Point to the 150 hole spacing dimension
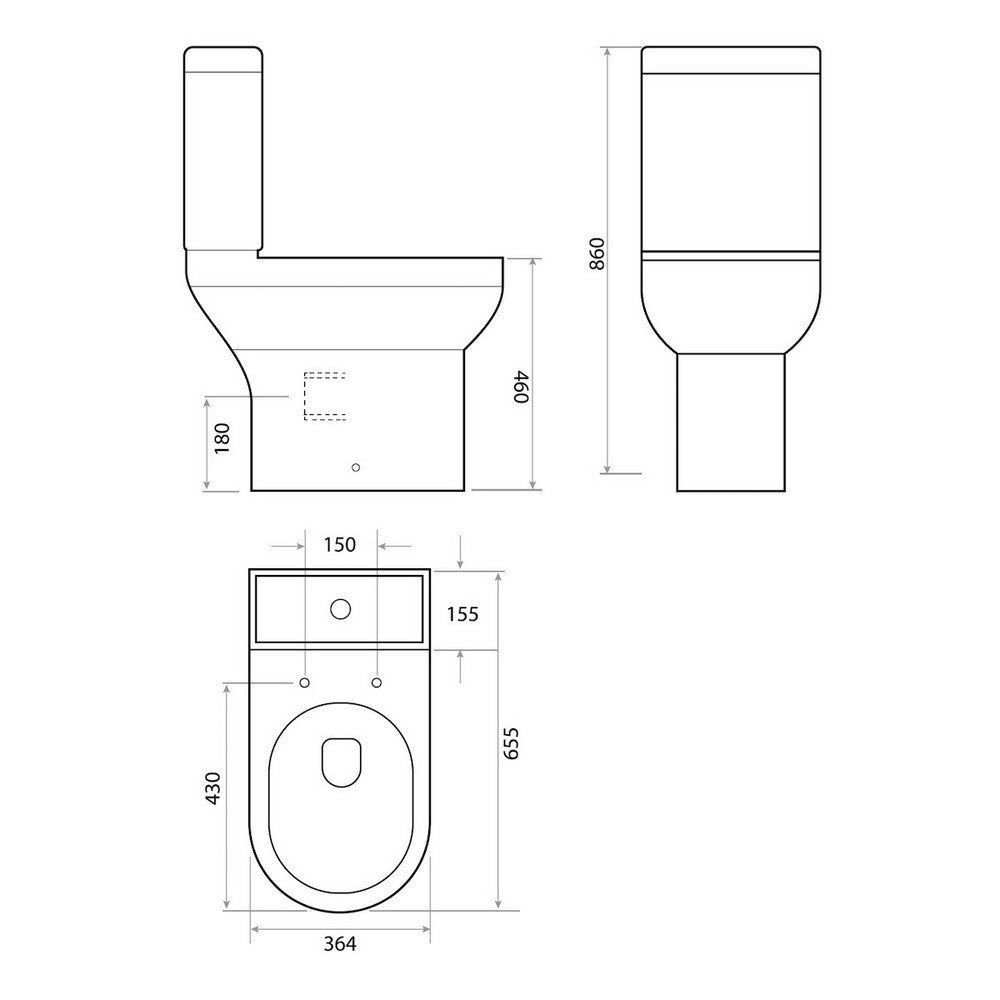[x=340, y=545]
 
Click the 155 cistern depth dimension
[x=461, y=613]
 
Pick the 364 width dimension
[x=339, y=943]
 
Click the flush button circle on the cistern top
[x=341, y=608]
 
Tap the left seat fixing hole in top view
[x=304, y=683]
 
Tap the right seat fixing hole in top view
[x=377, y=683]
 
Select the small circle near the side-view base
[x=357, y=467]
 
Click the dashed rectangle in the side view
[x=324, y=396]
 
